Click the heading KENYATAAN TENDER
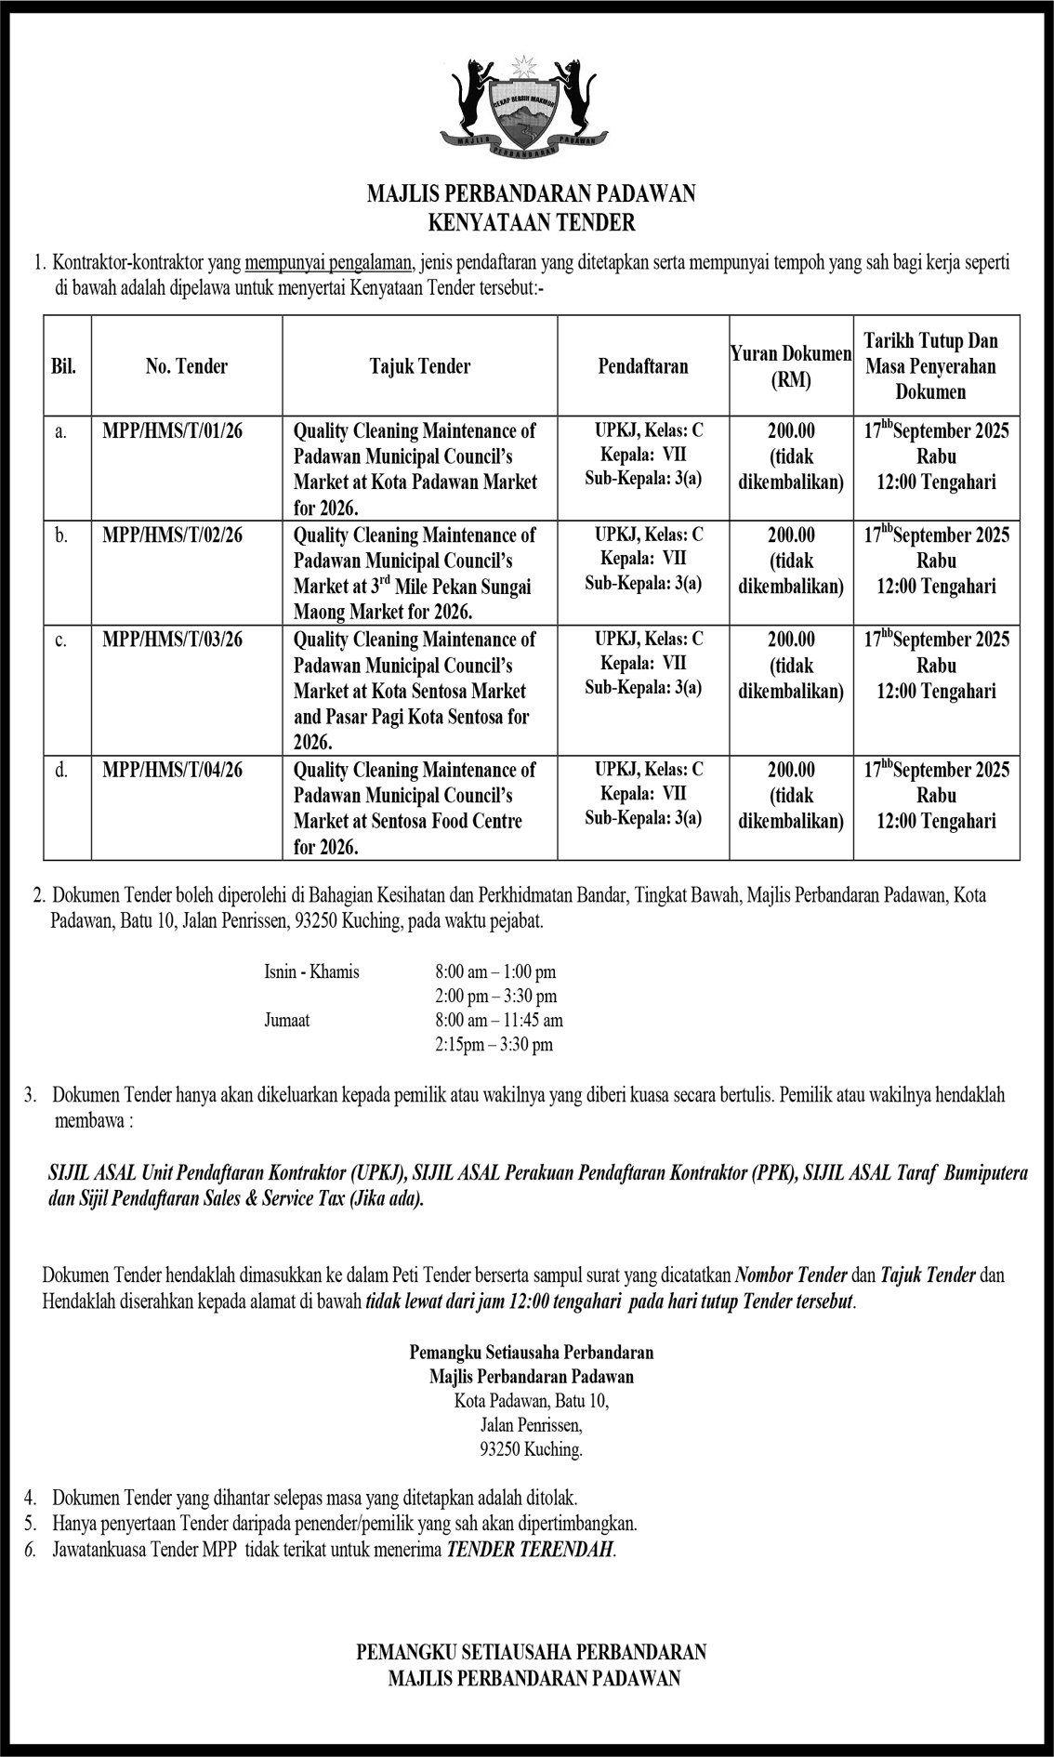click(531, 223)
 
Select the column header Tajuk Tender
click(419, 366)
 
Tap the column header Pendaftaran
click(642, 366)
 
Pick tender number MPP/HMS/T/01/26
click(173, 430)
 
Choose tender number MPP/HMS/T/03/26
click(173, 640)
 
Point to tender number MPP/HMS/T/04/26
click(173, 770)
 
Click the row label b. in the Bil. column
click(60, 535)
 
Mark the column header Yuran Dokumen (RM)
click(791, 366)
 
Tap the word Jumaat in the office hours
click(287, 1020)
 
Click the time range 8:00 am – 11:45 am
click(498, 1020)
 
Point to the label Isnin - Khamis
click(311, 972)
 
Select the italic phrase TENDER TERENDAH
click(530, 1550)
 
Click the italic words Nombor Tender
click(791, 1275)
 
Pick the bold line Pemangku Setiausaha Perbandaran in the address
click(531, 1354)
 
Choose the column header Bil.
click(64, 366)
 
